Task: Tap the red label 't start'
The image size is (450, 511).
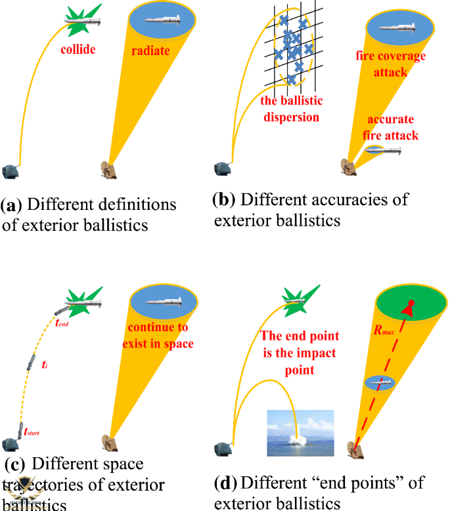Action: pyautogui.click(x=31, y=432)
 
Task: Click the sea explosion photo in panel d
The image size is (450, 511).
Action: pyautogui.click(x=300, y=432)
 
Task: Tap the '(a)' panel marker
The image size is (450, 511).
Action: pyautogui.click(x=12, y=204)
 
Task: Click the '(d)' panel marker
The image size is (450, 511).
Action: pyautogui.click(x=225, y=484)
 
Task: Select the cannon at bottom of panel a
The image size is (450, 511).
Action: pyautogui.click(x=11, y=171)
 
